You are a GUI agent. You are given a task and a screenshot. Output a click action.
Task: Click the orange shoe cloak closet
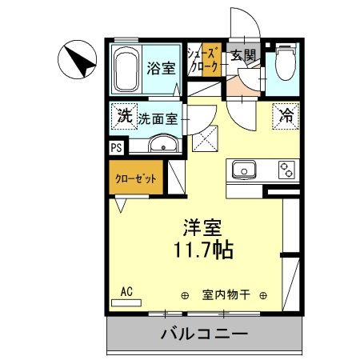pos(210,61)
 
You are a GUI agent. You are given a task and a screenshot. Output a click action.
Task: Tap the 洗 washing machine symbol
pos(124,115)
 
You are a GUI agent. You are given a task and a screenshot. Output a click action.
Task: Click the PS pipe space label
pos(116,147)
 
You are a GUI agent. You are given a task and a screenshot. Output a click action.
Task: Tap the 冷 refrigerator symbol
pos(285,114)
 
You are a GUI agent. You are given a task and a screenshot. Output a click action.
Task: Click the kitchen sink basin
pos(243,170)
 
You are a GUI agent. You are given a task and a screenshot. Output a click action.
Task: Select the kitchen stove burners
pos(285,170)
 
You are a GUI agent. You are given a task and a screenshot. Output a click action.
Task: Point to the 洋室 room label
pos(202,227)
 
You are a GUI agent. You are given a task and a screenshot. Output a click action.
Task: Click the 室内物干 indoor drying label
pos(226,294)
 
